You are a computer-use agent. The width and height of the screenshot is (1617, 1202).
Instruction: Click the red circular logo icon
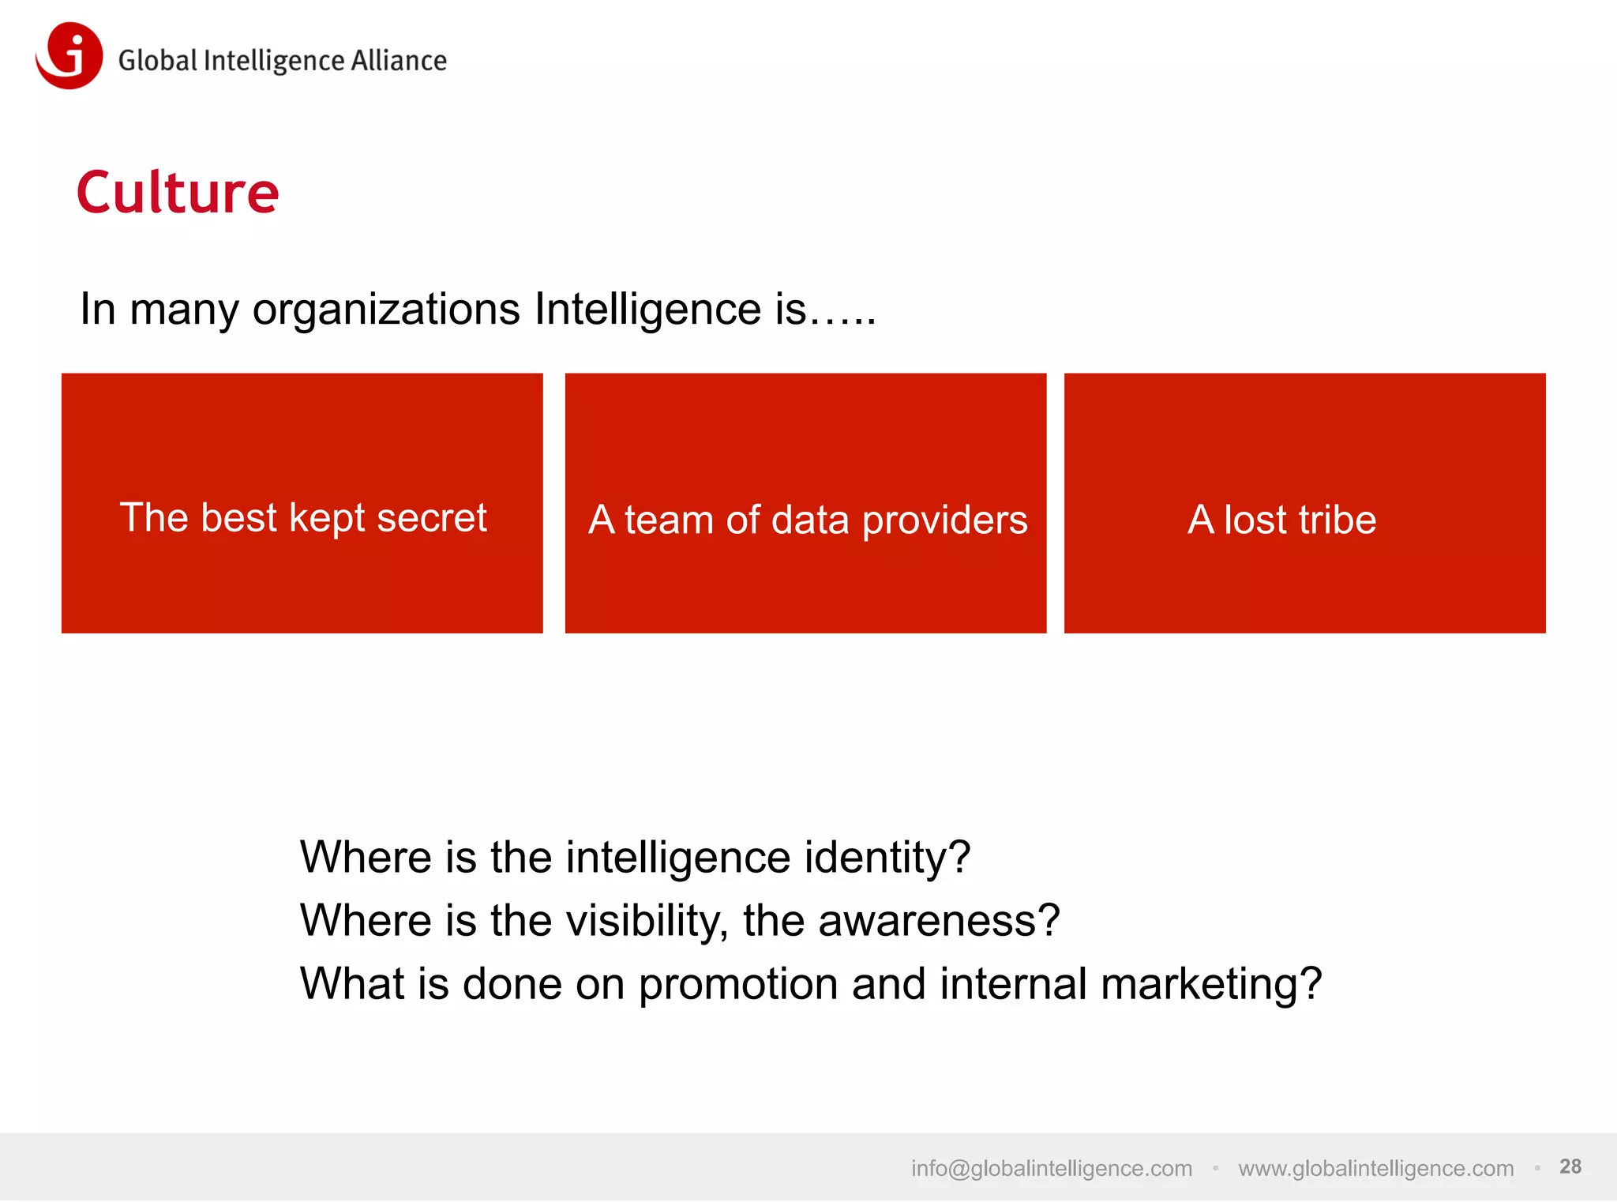tap(69, 55)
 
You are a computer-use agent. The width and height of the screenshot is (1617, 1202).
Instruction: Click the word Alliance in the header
tap(399, 61)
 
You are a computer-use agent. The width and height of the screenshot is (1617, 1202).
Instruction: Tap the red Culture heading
tap(178, 193)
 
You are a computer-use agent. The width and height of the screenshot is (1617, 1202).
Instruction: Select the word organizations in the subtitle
tap(386, 309)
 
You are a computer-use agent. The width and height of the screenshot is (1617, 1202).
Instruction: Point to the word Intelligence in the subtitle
tap(647, 309)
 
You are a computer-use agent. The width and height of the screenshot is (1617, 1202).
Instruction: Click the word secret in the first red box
tap(431, 518)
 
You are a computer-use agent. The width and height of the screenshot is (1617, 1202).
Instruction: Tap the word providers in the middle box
tap(944, 521)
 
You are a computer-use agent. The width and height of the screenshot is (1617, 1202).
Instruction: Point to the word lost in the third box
tap(1255, 520)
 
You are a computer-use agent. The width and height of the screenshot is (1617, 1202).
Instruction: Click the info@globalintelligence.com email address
tap(1051, 1168)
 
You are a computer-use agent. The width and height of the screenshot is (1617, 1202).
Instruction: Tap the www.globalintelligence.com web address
tap(1375, 1168)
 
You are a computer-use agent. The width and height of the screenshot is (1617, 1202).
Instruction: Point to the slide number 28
tap(1570, 1166)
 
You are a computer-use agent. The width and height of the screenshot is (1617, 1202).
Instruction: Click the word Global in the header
tap(157, 61)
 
